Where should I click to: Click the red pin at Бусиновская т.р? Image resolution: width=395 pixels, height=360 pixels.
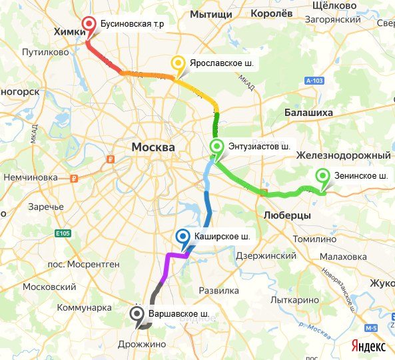[x=89, y=26]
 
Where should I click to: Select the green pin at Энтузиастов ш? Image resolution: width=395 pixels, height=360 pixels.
[x=216, y=147]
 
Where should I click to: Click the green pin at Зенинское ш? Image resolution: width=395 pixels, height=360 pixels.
[x=323, y=177]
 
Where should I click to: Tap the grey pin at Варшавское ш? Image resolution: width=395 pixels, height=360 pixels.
[x=137, y=313]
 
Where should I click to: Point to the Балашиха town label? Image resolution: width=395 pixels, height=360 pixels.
[x=308, y=113]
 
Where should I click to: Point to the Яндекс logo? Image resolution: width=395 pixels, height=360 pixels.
[x=368, y=346]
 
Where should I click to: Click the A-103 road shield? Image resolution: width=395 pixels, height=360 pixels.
[x=316, y=81]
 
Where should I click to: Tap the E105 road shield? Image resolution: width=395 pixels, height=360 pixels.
[x=63, y=233]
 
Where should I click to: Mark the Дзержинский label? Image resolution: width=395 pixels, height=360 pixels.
[x=264, y=255]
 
